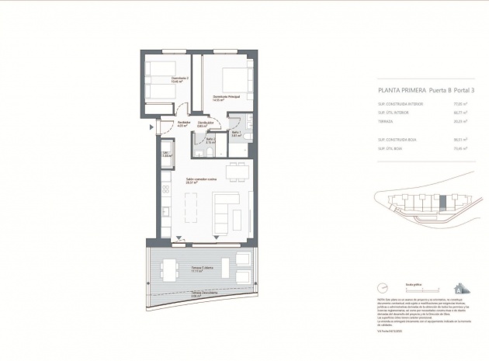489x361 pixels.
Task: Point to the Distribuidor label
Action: tap(205, 123)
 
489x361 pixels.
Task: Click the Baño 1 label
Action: tap(236, 133)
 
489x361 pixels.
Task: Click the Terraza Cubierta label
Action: tap(182, 270)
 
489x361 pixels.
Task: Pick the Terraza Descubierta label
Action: tap(181, 294)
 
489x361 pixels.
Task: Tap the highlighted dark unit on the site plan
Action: tap(442, 203)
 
